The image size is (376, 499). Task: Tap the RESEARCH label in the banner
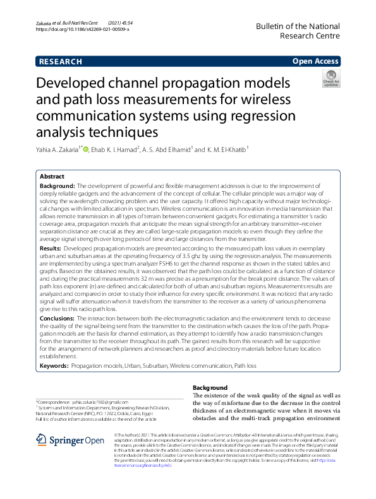click(x=61, y=62)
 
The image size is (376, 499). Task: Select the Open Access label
click(x=315, y=62)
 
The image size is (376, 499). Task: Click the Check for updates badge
click(x=331, y=79)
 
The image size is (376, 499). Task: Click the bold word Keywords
click(x=54, y=366)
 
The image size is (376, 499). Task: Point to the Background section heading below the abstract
click(x=209, y=387)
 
